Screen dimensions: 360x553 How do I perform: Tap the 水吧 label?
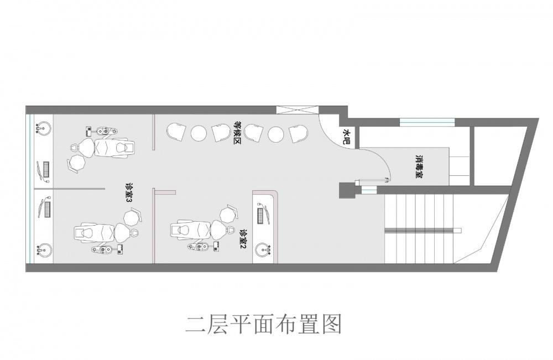pos(347,137)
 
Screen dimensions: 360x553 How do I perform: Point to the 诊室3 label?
pos(129,195)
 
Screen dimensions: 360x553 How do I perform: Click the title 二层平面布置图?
pos(264,324)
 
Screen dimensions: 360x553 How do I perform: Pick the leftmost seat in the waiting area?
pos(176,132)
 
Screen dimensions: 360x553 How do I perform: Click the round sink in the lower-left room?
pos(43,250)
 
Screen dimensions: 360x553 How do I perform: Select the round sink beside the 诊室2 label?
pos(264,251)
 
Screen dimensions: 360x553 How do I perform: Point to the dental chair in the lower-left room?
pos(100,232)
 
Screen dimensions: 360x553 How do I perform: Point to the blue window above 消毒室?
pos(427,122)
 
